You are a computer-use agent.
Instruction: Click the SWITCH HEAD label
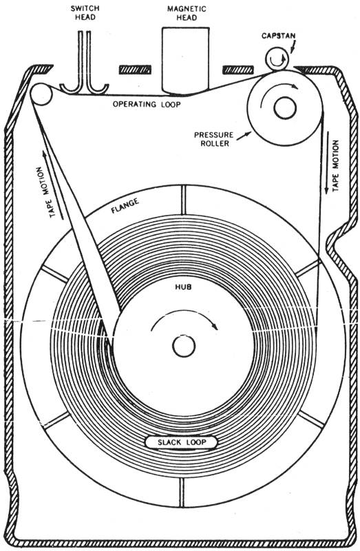click(85, 13)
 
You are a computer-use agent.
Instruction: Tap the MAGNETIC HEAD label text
click(187, 13)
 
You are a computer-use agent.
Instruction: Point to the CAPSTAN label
click(279, 36)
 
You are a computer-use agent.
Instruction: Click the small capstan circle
click(277, 60)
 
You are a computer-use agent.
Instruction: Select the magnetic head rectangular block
click(185, 61)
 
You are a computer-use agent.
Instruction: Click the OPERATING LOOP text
click(147, 105)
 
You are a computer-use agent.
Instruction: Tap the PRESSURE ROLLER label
click(214, 139)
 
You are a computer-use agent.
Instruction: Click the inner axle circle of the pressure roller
click(285, 109)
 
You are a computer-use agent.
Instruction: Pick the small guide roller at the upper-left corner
click(41, 94)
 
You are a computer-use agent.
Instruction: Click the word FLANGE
click(125, 205)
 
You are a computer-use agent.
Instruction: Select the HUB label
click(183, 287)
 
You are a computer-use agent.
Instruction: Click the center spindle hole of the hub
click(184, 346)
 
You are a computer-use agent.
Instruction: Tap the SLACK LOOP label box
click(182, 442)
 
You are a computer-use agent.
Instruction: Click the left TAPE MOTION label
click(45, 192)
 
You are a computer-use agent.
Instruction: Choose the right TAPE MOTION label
click(335, 165)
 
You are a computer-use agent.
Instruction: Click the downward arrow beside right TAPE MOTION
click(327, 163)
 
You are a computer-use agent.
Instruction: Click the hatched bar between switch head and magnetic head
click(135, 70)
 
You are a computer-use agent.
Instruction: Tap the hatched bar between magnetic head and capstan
click(238, 70)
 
